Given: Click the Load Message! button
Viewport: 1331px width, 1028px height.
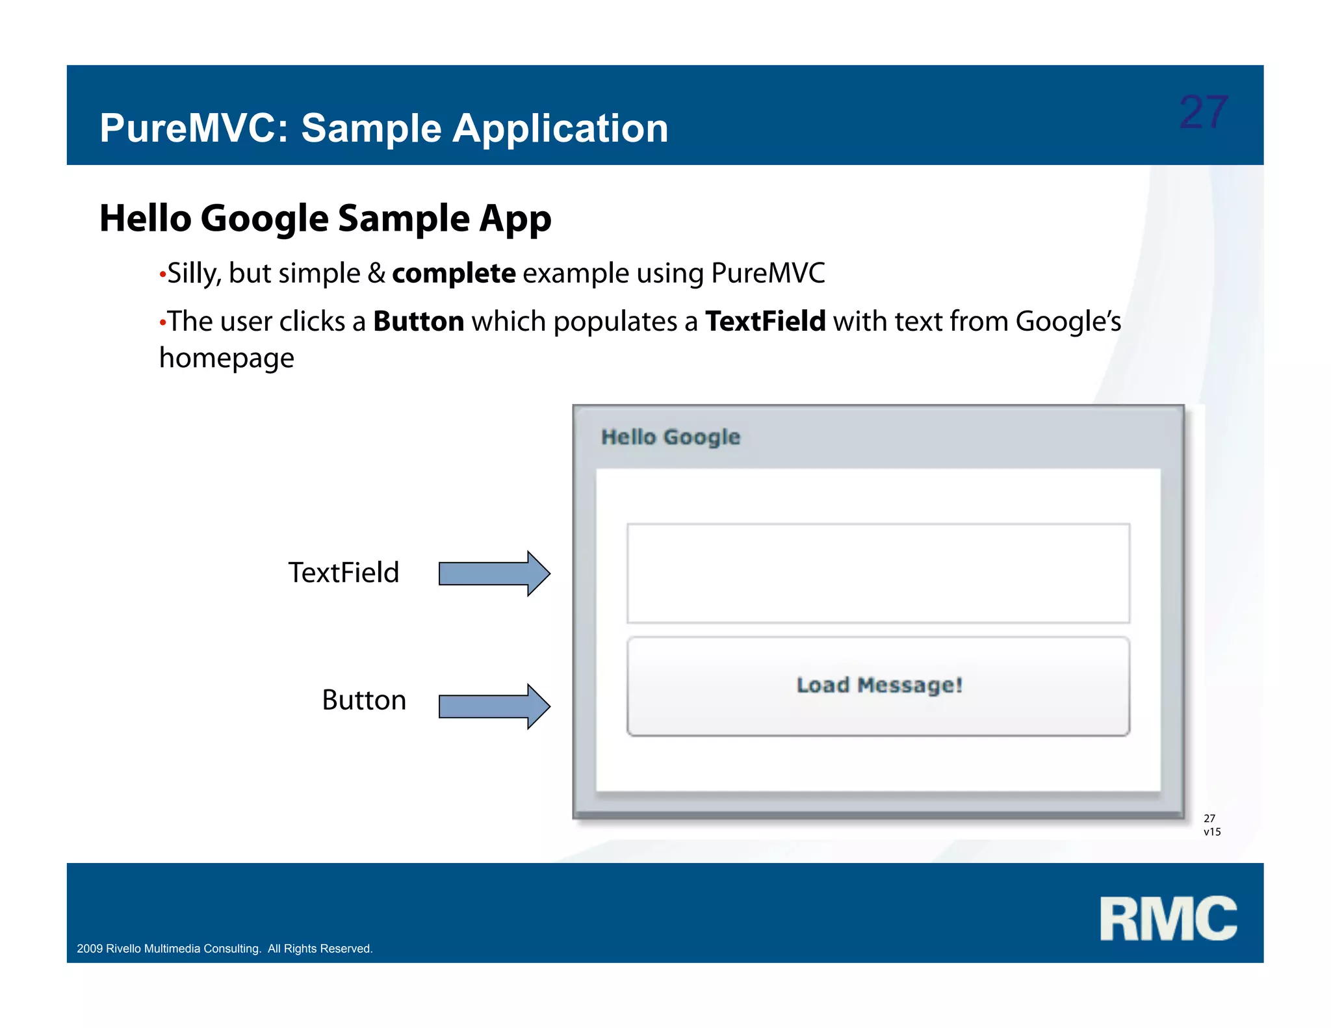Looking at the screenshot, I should point(878,686).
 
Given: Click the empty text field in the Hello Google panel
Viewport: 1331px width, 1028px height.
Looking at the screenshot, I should point(878,573).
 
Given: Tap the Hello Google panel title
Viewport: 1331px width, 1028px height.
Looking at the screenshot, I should point(670,437).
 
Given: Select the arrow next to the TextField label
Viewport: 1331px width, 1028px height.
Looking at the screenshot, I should point(495,574).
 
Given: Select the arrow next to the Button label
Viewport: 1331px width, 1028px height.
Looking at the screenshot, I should point(495,706).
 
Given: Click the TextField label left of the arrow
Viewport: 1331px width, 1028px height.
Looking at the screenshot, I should point(343,573).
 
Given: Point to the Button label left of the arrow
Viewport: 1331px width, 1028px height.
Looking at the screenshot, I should point(364,700).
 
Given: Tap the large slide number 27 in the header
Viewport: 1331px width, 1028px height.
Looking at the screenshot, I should point(1203,112).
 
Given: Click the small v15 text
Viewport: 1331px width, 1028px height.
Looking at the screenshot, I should point(1212,832).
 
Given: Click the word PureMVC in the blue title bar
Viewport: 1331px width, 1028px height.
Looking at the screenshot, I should point(188,128).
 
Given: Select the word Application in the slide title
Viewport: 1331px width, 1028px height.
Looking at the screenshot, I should point(560,128).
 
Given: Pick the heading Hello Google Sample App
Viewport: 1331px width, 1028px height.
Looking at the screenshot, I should point(325,218).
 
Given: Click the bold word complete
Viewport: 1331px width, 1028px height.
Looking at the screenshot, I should point(454,274).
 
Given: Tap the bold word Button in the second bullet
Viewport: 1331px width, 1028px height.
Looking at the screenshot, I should point(419,322).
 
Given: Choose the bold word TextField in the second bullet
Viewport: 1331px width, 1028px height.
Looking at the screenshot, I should point(765,322).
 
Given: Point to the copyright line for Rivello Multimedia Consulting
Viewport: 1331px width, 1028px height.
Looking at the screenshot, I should point(225,949).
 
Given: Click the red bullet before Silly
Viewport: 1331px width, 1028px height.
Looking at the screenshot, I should point(162,276).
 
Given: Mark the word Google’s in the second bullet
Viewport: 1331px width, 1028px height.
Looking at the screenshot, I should point(1068,322).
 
